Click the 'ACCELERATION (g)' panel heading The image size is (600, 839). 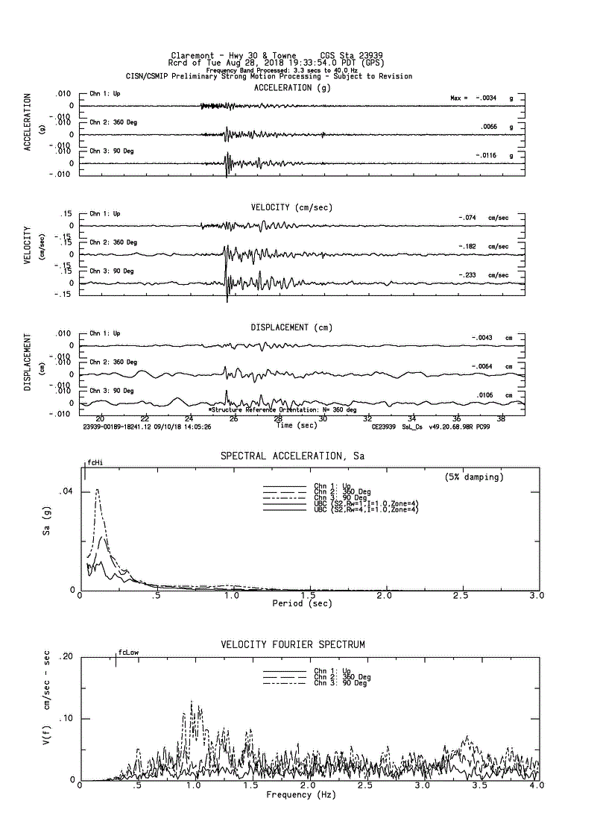292,88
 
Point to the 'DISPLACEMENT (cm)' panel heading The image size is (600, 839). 291,327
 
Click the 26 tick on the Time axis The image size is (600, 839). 234,418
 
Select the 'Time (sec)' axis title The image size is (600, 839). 297,425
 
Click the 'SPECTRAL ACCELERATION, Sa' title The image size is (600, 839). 292,456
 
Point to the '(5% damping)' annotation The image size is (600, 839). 474,477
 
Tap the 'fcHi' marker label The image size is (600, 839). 95,463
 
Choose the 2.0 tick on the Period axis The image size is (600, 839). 384,596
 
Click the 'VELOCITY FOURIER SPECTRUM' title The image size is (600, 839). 293,644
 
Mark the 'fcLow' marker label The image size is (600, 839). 128,653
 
